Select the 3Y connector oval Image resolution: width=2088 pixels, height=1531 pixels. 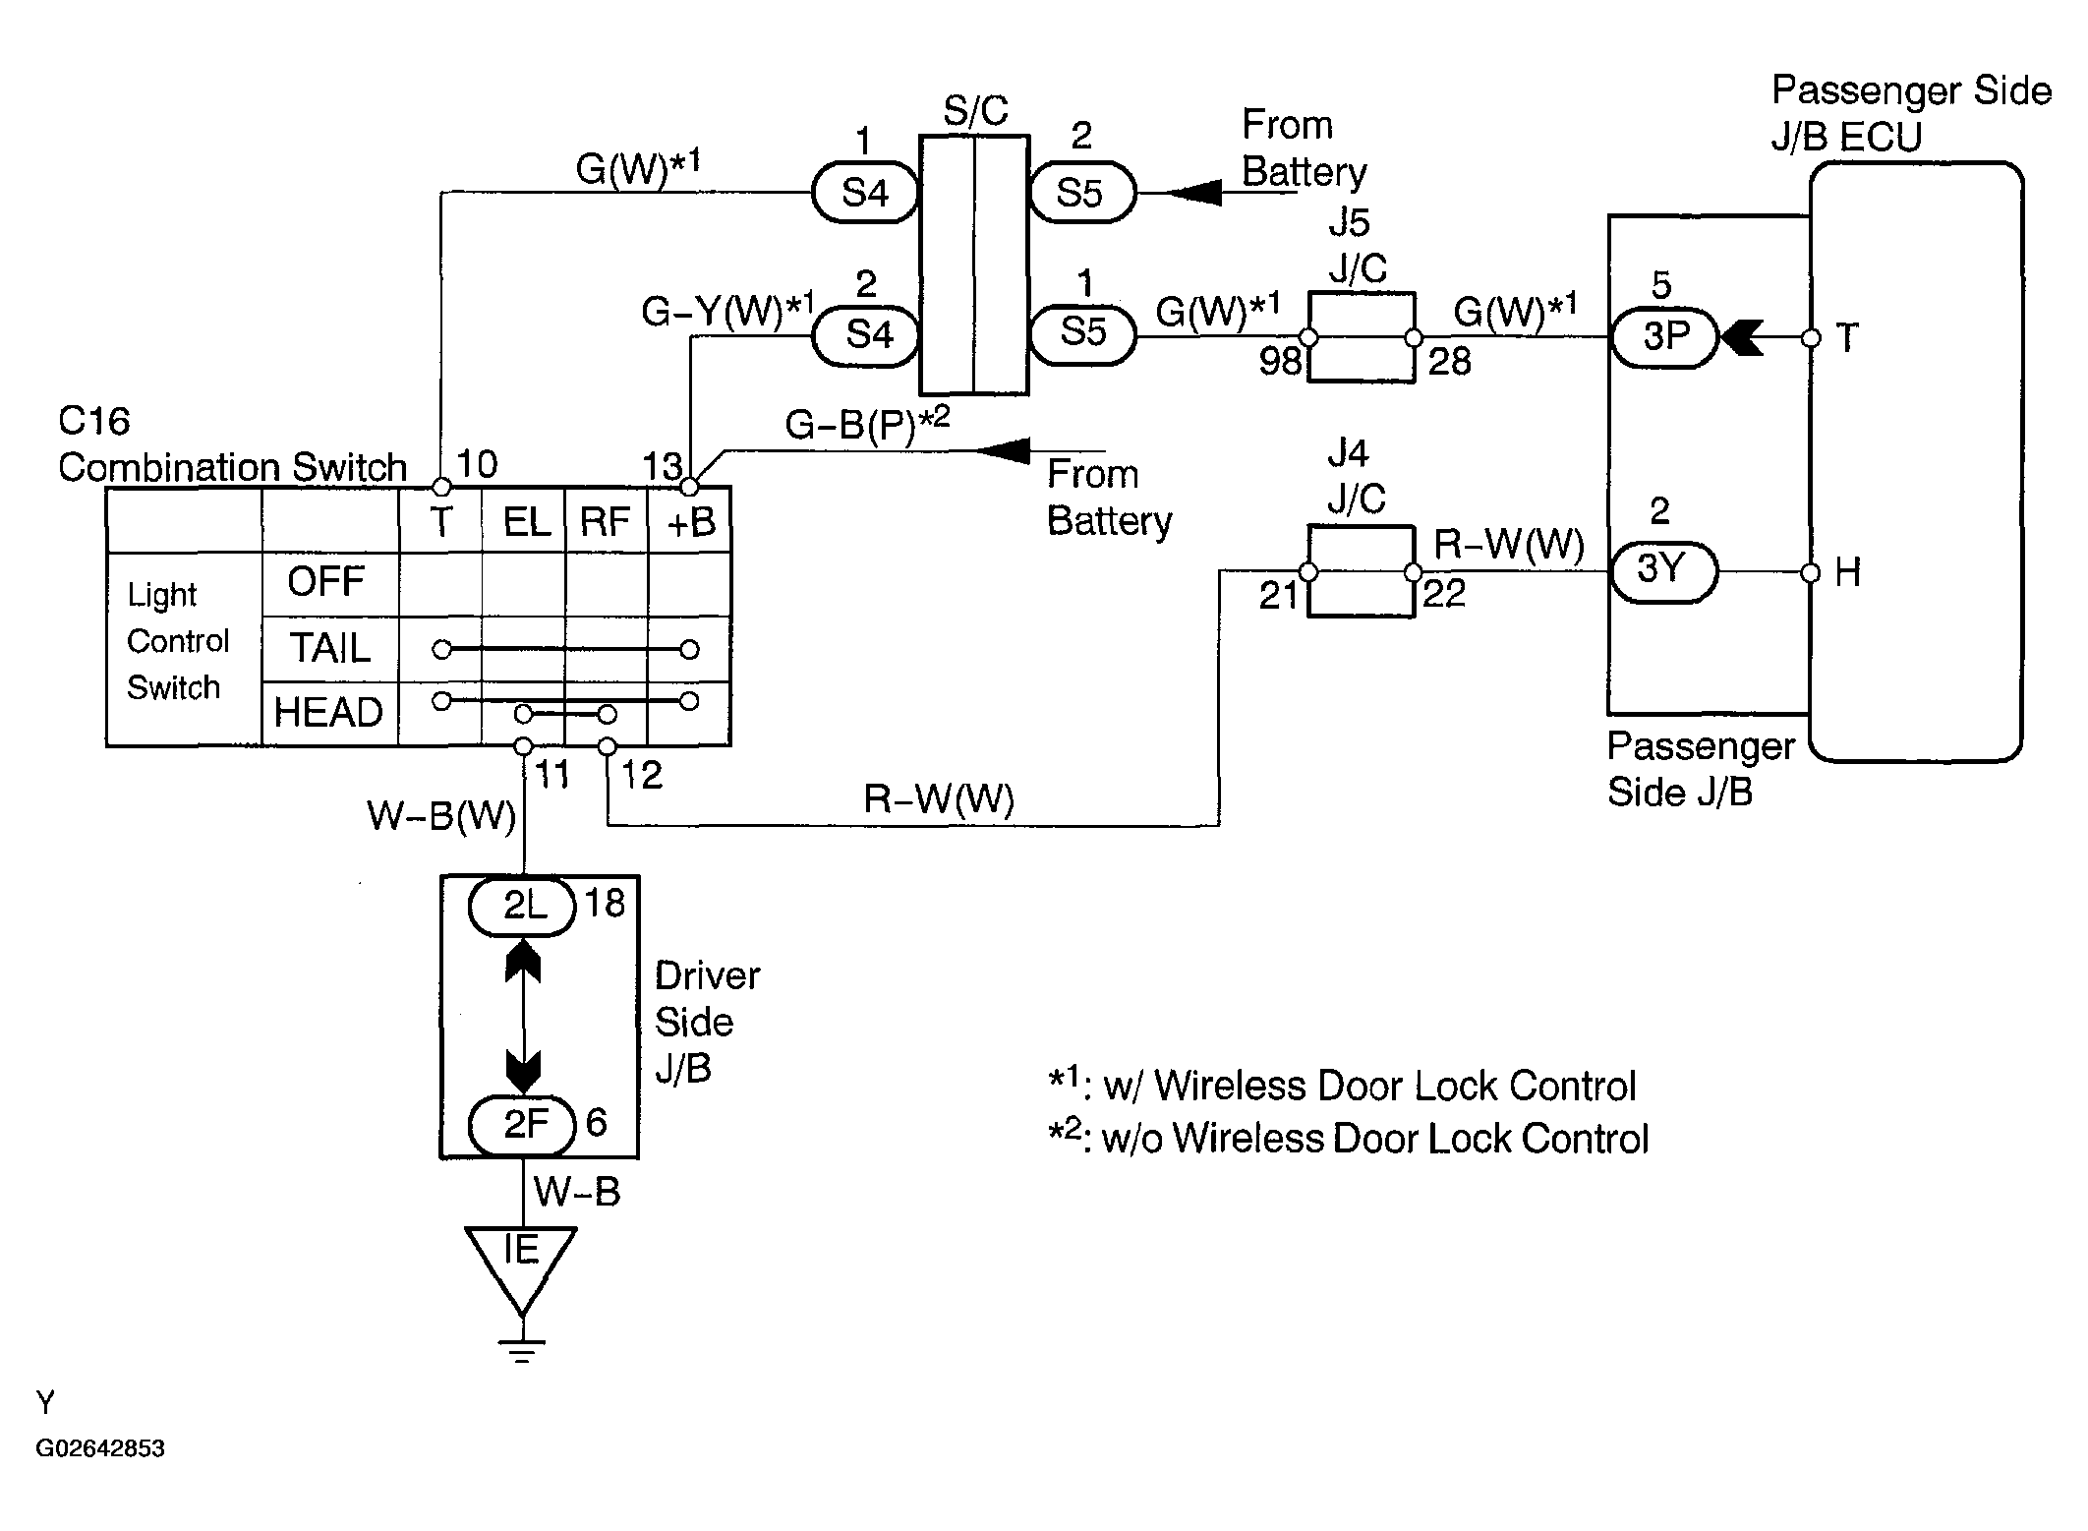[x=1662, y=570]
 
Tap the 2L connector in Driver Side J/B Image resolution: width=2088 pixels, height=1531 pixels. [x=522, y=906]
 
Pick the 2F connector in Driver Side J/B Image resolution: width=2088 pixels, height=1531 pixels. [x=522, y=1125]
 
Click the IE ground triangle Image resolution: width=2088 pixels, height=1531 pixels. [x=522, y=1264]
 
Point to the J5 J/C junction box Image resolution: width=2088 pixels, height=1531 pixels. [x=1361, y=337]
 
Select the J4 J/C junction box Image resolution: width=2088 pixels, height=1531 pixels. [x=1361, y=571]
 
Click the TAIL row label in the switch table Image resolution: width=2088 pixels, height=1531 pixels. [x=329, y=648]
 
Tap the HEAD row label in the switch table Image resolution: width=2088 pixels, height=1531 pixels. [x=328, y=713]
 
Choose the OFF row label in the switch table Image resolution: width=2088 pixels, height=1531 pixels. [x=326, y=581]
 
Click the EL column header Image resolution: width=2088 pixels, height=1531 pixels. [x=525, y=522]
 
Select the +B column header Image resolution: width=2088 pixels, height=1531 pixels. [x=690, y=522]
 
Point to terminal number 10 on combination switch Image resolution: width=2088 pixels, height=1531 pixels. [x=479, y=464]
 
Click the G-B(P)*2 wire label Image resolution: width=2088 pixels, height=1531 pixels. [x=867, y=424]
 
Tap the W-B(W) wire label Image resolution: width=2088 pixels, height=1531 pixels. [x=441, y=816]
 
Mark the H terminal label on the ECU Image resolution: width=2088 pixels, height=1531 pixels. [x=1847, y=572]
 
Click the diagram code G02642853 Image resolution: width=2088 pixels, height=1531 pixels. [x=100, y=1448]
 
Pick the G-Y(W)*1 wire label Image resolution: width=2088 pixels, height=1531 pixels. [x=727, y=311]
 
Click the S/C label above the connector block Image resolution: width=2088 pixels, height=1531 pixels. [x=975, y=111]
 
